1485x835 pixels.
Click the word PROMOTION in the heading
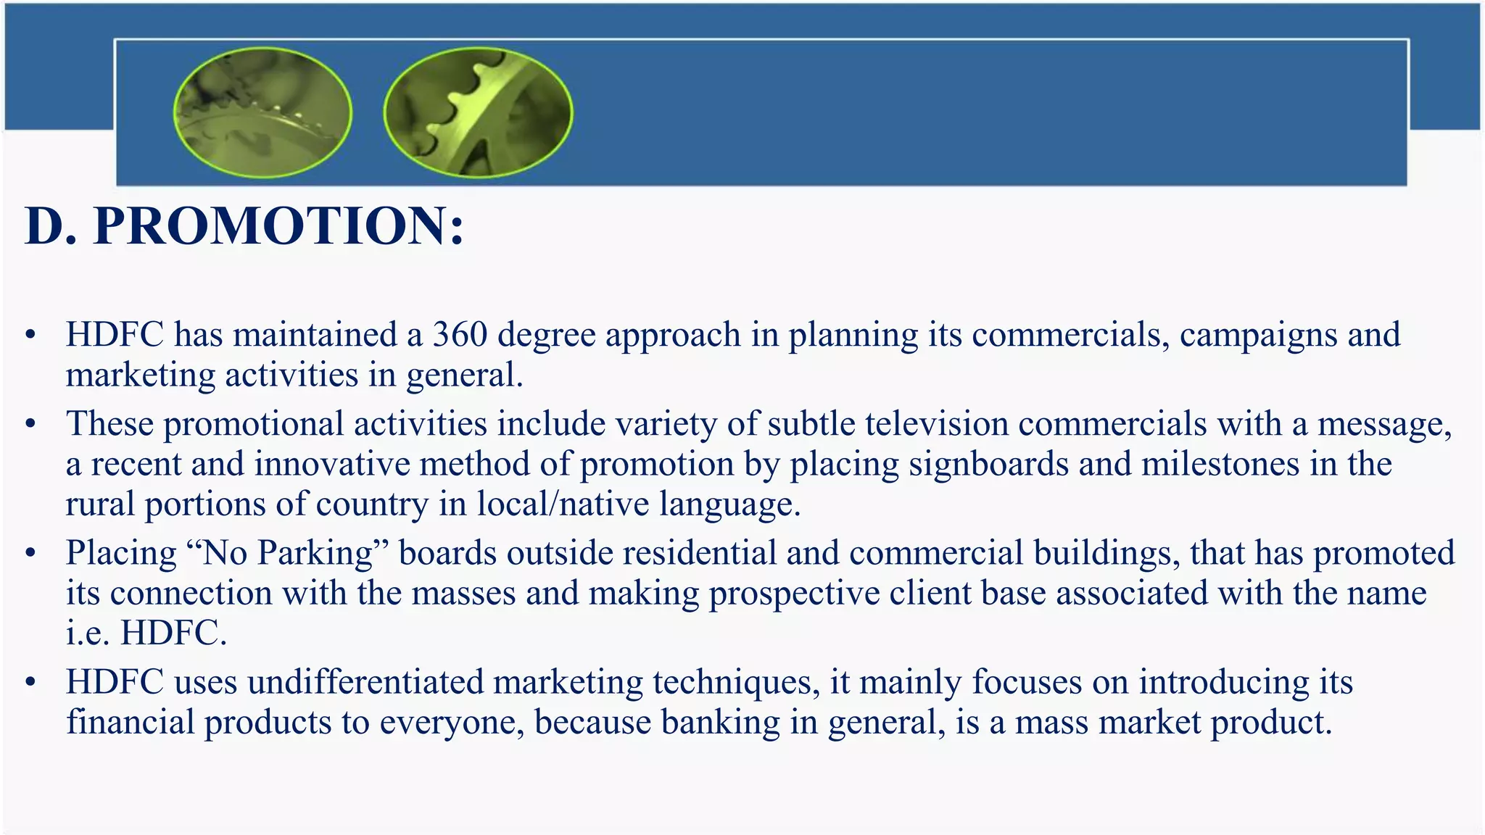tap(279, 226)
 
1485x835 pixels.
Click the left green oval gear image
tap(262, 113)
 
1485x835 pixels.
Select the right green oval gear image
tap(478, 113)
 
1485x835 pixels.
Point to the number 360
tap(460, 335)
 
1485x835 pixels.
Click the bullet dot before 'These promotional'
tap(30, 425)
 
